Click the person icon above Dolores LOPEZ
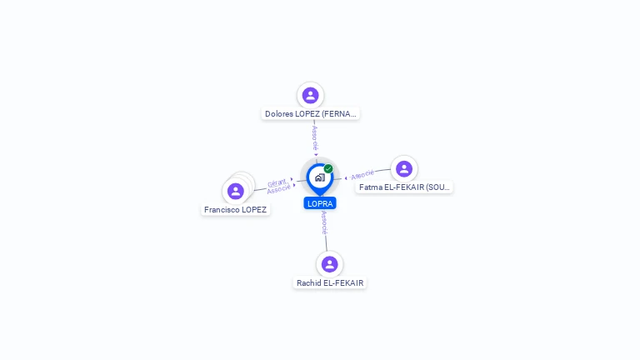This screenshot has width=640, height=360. [311, 95]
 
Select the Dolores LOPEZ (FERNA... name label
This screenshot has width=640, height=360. [311, 114]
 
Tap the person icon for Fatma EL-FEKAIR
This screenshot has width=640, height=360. [404, 169]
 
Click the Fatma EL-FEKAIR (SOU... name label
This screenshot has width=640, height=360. [404, 187]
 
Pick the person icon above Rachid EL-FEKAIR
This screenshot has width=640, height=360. [330, 264]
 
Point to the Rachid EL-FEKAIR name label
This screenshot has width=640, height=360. [330, 283]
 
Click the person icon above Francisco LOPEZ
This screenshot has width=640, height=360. [236, 191]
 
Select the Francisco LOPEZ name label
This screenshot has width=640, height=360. [236, 210]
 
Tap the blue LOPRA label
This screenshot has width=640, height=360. [320, 203]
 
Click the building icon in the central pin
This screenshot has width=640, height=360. [319, 177]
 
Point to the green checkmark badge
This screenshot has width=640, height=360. [328, 168]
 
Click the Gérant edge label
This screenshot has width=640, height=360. [277, 182]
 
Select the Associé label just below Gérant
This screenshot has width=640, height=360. [278, 190]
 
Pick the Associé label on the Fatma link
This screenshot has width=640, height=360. [362, 175]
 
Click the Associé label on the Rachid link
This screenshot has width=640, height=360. [324, 222]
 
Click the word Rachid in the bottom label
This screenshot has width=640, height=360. [309, 283]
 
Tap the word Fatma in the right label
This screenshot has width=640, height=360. [371, 187]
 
